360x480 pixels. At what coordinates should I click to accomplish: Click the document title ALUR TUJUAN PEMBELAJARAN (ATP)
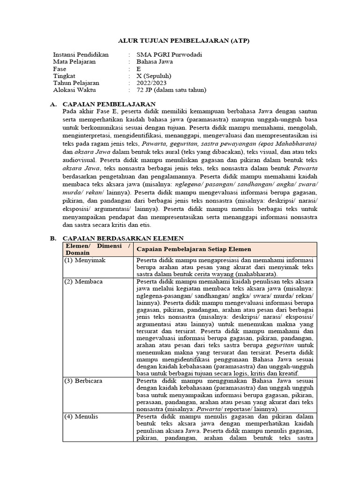(x=184, y=41)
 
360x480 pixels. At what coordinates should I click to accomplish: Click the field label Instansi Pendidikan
(x=81, y=55)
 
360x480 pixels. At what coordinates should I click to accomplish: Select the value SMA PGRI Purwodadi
(x=162, y=55)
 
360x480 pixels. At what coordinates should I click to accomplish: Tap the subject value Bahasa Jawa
(x=152, y=62)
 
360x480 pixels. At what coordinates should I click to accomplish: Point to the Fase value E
(x=138, y=69)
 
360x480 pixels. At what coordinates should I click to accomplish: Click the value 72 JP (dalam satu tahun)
(x=171, y=90)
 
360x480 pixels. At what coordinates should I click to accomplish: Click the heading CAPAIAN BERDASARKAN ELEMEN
(x=123, y=238)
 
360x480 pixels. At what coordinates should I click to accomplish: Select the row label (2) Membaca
(x=83, y=281)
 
